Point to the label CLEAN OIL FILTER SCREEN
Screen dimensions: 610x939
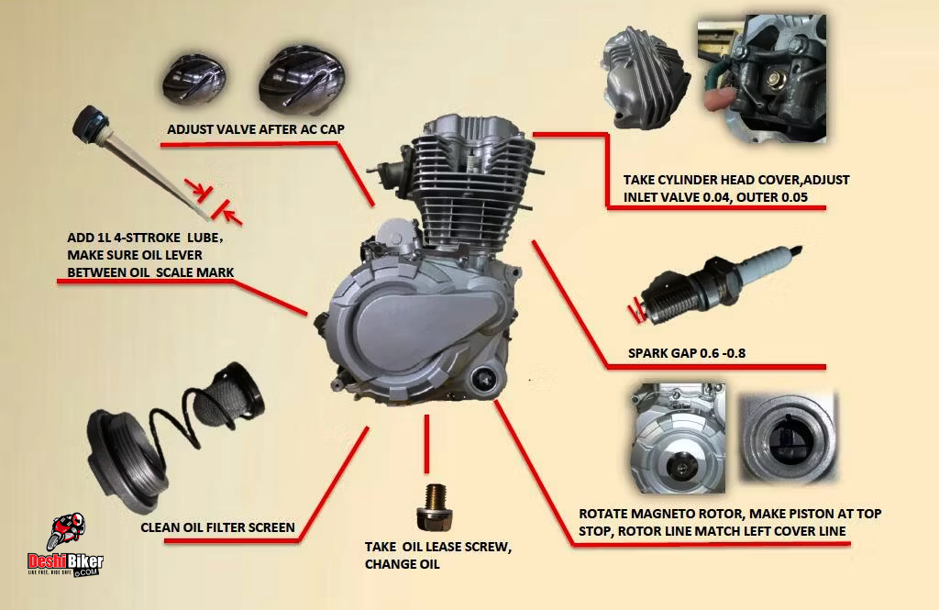217,527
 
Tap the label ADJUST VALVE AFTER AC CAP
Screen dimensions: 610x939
256,129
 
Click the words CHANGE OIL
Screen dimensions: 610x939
403,564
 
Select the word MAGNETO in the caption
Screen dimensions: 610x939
668,514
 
